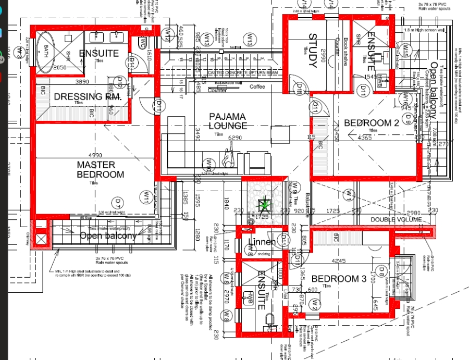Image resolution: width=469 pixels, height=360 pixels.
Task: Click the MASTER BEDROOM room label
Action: pyautogui.click(x=100, y=169)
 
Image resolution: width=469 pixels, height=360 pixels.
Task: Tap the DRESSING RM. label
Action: pyautogui.click(x=88, y=96)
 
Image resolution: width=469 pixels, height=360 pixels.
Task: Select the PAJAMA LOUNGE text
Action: pyautogui.click(x=228, y=121)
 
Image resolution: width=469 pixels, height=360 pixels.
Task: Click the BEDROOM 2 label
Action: pyautogui.click(x=371, y=123)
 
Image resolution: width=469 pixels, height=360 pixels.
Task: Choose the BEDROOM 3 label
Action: pyautogui.click(x=339, y=279)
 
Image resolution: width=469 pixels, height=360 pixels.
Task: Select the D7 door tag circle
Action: pyautogui.click(x=118, y=201)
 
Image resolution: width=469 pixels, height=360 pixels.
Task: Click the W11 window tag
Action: pyautogui.click(x=146, y=197)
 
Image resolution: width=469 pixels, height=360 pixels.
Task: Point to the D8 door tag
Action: pyautogui.click(x=382, y=270)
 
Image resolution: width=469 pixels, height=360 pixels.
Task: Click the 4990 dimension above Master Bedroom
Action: pyautogui.click(x=95, y=155)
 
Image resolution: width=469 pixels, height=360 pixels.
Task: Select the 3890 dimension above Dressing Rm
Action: pyautogui.click(x=82, y=82)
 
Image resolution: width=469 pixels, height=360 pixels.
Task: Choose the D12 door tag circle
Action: pyautogui.click(x=119, y=82)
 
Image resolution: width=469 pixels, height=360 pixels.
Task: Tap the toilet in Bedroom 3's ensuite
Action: pyautogui.click(x=270, y=318)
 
